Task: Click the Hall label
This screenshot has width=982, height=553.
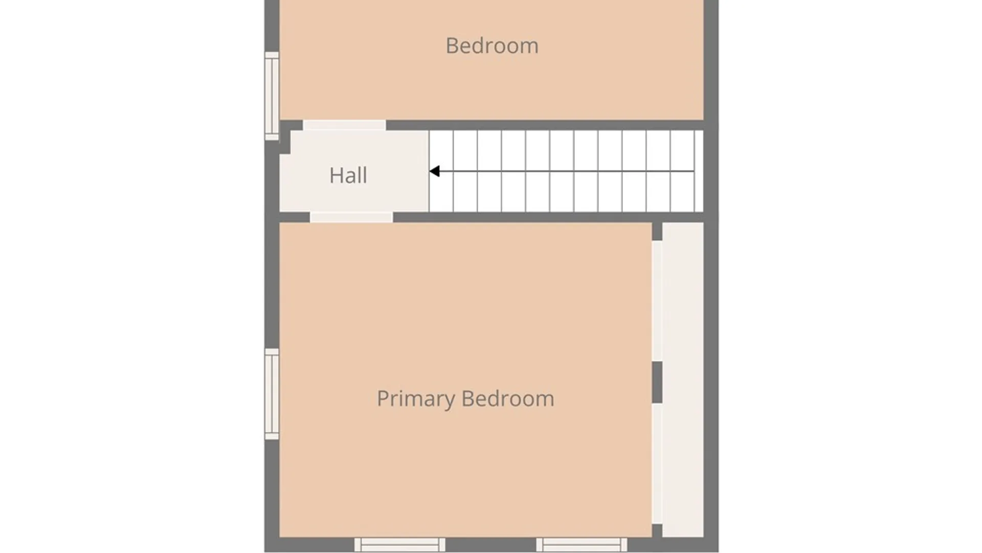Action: click(x=348, y=175)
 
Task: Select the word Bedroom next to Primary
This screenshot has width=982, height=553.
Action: click(x=508, y=398)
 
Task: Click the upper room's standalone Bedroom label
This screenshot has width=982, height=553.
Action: click(x=492, y=46)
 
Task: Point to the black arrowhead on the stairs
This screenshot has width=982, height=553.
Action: click(x=434, y=171)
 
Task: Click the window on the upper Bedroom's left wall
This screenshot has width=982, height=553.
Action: click(x=272, y=96)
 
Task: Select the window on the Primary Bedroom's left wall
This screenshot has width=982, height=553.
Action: click(x=272, y=394)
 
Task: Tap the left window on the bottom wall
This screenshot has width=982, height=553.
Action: click(x=399, y=545)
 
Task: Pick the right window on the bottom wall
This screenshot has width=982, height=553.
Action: click(x=582, y=545)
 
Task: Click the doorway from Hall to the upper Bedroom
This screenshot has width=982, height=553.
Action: click(x=344, y=125)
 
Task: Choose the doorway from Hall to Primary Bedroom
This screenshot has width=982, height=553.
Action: click(x=351, y=217)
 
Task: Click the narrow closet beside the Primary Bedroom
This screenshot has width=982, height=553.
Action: click(x=683, y=379)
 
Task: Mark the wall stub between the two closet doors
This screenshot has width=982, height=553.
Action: click(x=657, y=382)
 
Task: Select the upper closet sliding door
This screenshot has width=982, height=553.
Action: click(x=657, y=301)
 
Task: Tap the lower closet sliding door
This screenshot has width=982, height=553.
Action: click(x=657, y=463)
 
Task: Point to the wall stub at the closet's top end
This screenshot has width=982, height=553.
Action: click(x=657, y=231)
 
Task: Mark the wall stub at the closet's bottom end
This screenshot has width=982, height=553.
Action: click(x=657, y=530)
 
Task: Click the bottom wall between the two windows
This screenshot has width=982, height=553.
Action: click(x=490, y=545)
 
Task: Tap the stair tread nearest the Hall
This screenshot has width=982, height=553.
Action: click(x=441, y=171)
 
